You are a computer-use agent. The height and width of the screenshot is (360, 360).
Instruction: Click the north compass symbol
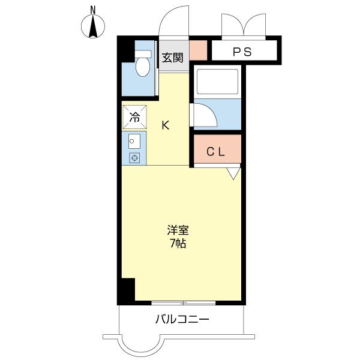(93, 27)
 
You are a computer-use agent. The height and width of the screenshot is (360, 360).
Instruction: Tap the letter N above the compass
(93, 9)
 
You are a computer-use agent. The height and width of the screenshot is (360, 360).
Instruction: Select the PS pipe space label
(242, 52)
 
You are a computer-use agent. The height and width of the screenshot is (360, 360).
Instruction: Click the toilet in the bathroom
(143, 65)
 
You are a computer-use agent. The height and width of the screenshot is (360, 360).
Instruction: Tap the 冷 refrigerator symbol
(135, 117)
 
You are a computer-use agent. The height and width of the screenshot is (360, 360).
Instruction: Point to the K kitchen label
(166, 125)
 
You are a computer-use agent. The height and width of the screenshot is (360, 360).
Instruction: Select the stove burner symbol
(135, 158)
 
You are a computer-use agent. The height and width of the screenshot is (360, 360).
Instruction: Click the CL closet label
(216, 152)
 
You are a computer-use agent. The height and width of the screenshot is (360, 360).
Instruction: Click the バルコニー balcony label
(182, 319)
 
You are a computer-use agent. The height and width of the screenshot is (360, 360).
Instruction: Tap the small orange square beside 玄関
(199, 49)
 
